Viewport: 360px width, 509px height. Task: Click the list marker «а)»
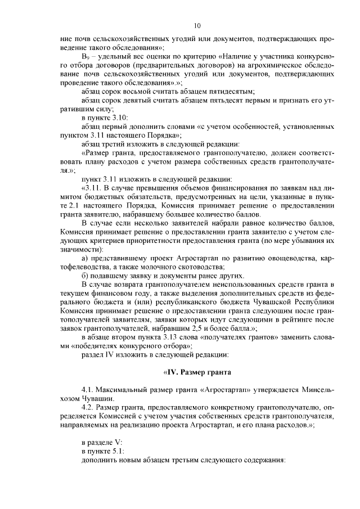pyautogui.click(x=85, y=258)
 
